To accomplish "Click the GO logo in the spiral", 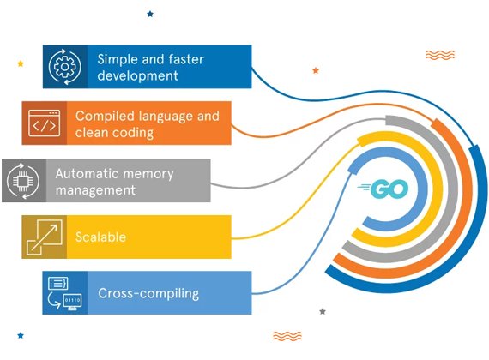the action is (383, 189).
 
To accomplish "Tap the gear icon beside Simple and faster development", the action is (65, 67).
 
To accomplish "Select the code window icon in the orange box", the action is (45, 123).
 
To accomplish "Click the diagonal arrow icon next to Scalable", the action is (45, 237).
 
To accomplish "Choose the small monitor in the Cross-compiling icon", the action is (72, 302).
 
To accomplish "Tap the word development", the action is (137, 75).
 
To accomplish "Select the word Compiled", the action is (105, 117).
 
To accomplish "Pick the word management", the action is (95, 190).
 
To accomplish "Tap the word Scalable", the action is (100, 237).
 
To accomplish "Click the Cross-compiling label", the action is (148, 293).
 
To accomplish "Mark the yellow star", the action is (21, 63).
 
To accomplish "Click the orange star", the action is (316, 70).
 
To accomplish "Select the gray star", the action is (323, 311).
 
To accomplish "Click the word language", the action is (166, 117).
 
